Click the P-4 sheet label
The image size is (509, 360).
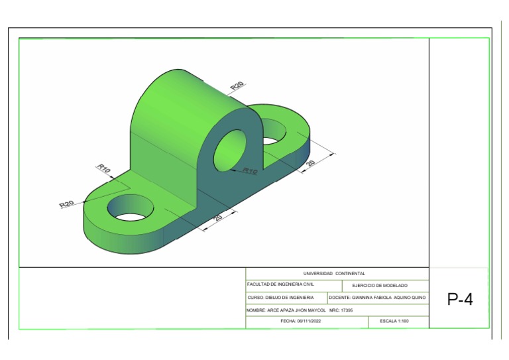coord(460,299)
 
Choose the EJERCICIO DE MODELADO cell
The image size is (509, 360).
coord(379,285)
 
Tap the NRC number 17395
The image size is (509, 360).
coord(345,310)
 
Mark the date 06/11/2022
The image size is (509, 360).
coord(313,321)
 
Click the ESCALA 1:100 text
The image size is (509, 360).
coord(394,321)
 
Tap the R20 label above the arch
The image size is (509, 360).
coord(237,86)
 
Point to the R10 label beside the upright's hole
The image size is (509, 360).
coord(249,171)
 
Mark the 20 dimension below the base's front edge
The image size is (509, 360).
coord(218,217)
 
